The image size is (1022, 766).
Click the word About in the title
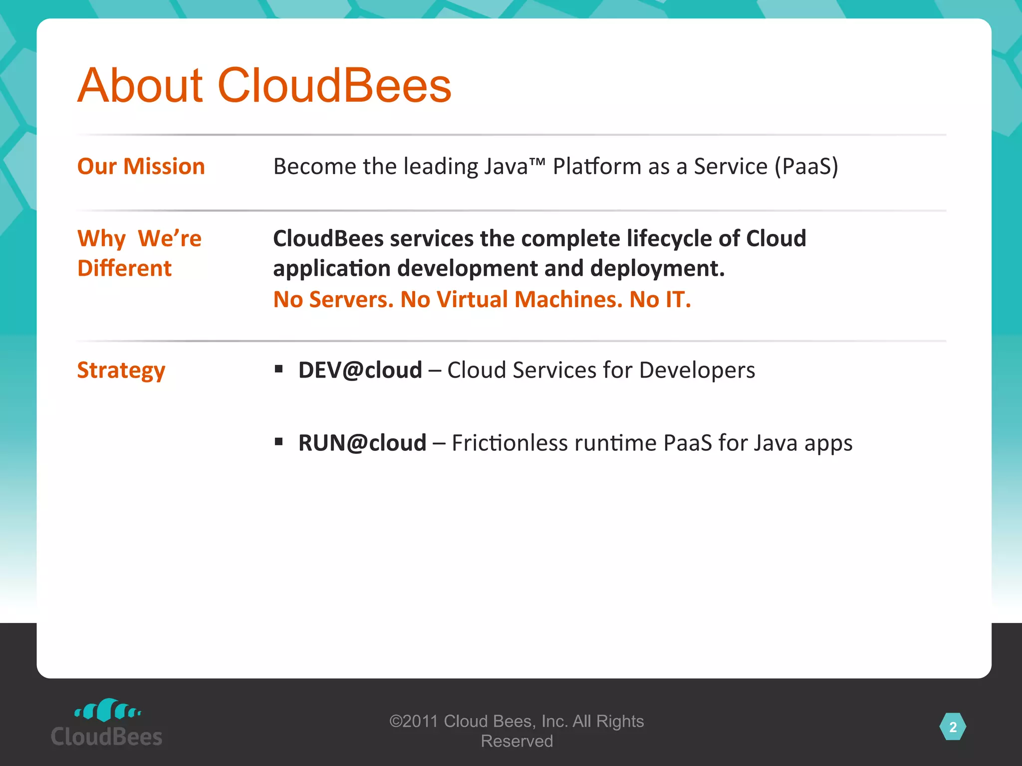(x=140, y=86)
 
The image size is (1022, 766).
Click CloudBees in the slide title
(x=334, y=86)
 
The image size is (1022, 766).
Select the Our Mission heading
(x=141, y=166)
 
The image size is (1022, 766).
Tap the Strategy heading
(x=121, y=371)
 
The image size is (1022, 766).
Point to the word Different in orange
(x=124, y=268)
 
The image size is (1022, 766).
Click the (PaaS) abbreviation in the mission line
(x=806, y=167)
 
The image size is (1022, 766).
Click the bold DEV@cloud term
(x=360, y=370)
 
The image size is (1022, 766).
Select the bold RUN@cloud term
(x=362, y=443)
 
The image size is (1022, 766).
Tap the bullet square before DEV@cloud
(x=279, y=369)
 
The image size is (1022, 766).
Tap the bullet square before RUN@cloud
(x=279, y=442)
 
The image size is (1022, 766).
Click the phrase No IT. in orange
(x=660, y=299)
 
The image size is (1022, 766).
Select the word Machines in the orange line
(x=568, y=299)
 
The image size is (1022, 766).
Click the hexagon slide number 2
(x=953, y=727)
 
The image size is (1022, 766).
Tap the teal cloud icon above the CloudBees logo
(x=107, y=710)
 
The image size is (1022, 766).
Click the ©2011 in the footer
(x=413, y=721)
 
